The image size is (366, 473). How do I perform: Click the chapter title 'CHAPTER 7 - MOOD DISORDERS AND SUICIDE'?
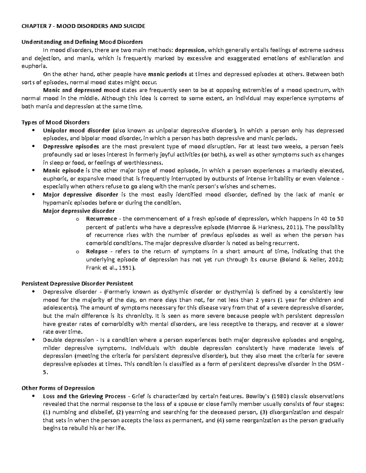83,26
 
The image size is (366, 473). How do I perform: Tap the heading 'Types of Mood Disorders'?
55,122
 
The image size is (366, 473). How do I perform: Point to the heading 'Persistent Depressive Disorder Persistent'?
77,284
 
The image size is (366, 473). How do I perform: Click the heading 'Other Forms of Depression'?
58,388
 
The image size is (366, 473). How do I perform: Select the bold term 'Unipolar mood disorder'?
77,131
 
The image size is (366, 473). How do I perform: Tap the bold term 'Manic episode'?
63,171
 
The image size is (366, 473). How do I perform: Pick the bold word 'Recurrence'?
102,219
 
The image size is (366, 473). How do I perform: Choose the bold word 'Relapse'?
97,251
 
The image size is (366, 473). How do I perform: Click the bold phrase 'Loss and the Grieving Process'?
84,396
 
